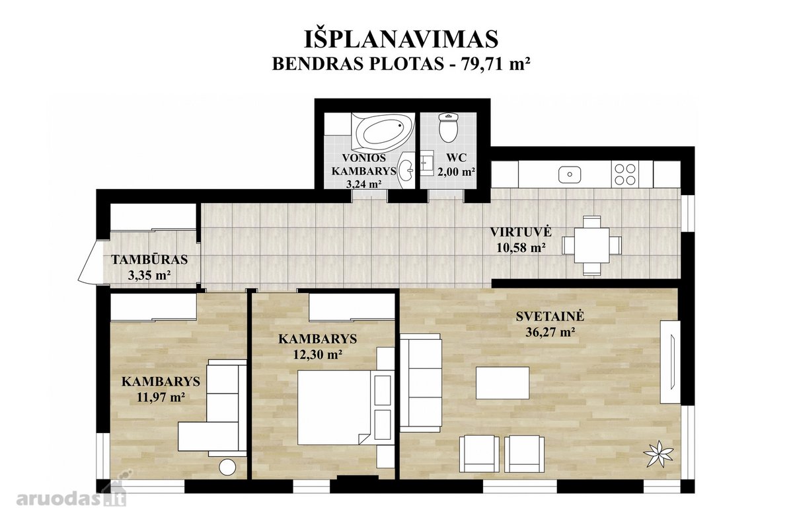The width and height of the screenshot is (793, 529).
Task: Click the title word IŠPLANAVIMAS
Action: pos(402,38)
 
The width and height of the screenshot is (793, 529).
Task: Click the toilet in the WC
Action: pos(449,128)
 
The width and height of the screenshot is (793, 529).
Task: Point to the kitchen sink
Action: pos(570,175)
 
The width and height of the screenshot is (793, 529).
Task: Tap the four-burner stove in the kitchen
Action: pos(625,174)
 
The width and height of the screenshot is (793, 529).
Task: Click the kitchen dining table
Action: pos(591,245)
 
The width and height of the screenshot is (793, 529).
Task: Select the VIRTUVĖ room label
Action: pos(521,232)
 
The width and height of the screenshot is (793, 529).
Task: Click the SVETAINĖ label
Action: pos(550,316)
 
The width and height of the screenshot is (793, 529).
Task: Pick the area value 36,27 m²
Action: pos(550,332)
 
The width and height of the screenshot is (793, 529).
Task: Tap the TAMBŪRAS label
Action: pos(149,259)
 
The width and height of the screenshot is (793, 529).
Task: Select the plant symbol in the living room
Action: pos(658,454)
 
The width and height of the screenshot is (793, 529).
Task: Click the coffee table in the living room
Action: pos(502,383)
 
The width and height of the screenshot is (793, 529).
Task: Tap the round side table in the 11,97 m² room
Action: pos(227,467)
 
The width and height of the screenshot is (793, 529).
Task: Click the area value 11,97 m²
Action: pos(161,397)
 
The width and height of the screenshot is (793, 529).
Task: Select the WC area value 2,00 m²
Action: pos(456,172)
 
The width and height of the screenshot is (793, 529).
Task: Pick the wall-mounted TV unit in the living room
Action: pos(670,362)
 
